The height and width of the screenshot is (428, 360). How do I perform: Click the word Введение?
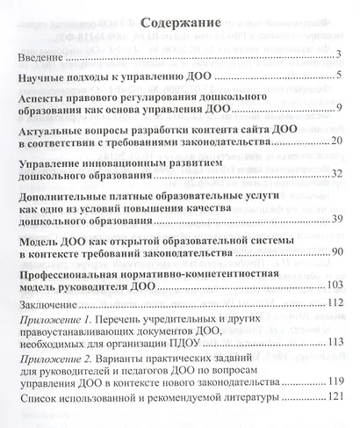pos(41,57)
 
